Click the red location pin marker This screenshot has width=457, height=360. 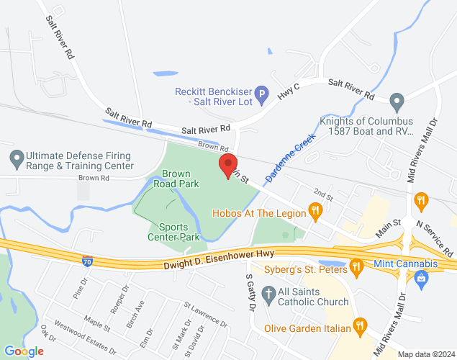point(228,166)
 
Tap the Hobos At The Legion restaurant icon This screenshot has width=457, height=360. point(315,211)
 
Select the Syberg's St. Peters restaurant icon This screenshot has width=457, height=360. point(356,268)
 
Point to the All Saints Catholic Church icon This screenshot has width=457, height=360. point(268,294)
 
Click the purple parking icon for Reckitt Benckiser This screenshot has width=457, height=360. point(263,93)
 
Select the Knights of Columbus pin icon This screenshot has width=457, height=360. point(397,100)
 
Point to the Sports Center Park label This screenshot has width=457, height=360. point(173,231)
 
